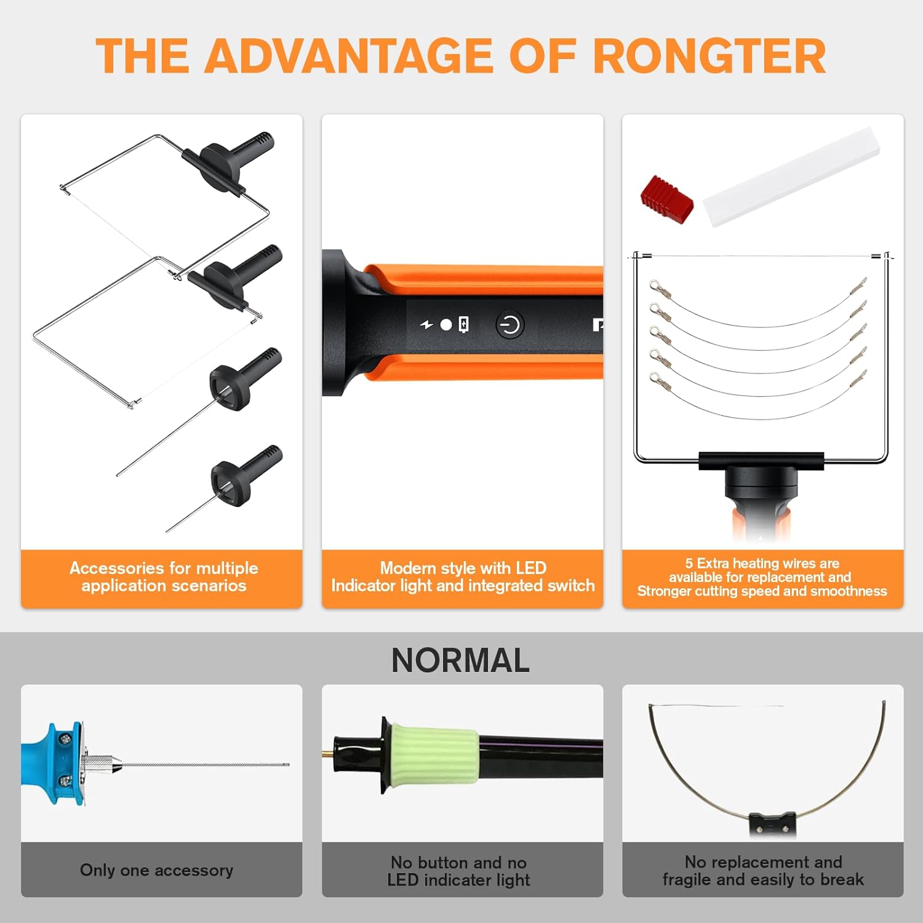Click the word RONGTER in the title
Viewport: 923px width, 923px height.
click(x=709, y=56)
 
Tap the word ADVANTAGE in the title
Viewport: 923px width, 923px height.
click(x=349, y=56)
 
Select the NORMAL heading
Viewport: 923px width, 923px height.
click(x=460, y=660)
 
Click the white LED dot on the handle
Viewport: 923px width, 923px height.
click(x=446, y=324)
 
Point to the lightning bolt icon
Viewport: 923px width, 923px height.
click(x=426, y=324)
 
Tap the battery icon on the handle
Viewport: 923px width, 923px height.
click(x=463, y=324)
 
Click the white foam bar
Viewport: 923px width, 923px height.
click(x=791, y=177)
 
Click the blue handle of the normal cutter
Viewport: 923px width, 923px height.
click(x=52, y=763)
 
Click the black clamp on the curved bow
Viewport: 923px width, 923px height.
click(x=773, y=824)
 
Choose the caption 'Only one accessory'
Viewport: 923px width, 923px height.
click(x=156, y=870)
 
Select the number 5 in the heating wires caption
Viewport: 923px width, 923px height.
click(x=689, y=563)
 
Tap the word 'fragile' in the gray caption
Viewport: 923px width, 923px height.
click(x=687, y=879)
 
